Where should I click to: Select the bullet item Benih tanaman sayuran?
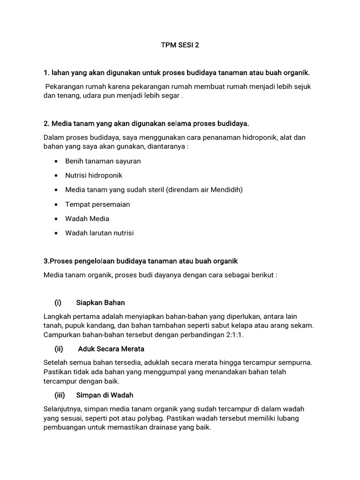[x=103, y=161]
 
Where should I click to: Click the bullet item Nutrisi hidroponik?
[x=94, y=175]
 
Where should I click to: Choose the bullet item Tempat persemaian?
[x=97, y=204]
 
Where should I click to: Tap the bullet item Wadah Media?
[x=87, y=218]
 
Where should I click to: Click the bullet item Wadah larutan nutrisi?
[x=99, y=233]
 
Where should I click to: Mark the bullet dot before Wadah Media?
[x=56, y=219]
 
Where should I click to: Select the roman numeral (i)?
[x=58, y=302]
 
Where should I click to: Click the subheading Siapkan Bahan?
[x=100, y=302]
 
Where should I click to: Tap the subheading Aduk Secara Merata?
[x=111, y=349]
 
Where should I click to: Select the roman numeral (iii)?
[x=60, y=395]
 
